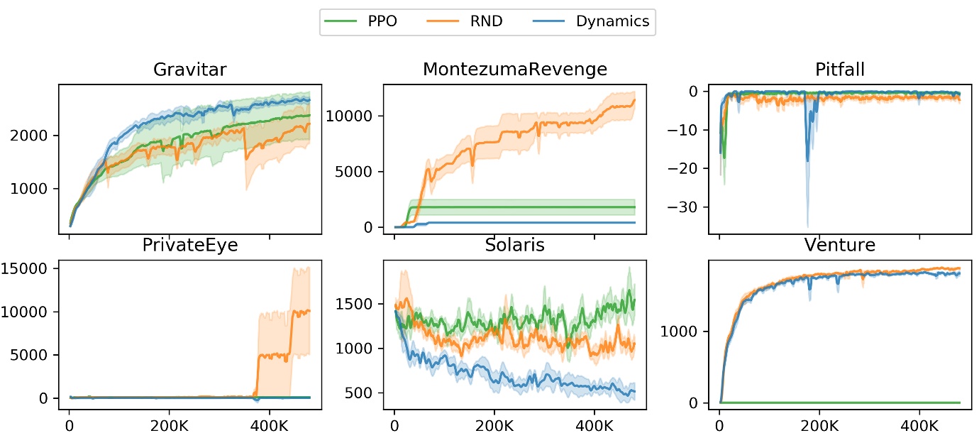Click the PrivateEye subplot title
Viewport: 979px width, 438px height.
tap(189, 246)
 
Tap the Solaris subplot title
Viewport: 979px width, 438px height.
tap(514, 246)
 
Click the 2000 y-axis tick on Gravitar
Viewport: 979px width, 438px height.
tap(34, 136)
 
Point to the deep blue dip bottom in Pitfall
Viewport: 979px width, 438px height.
tap(807, 226)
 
